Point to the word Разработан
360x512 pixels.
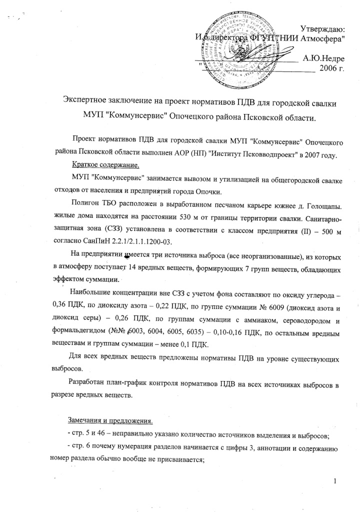pos(87,382)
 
